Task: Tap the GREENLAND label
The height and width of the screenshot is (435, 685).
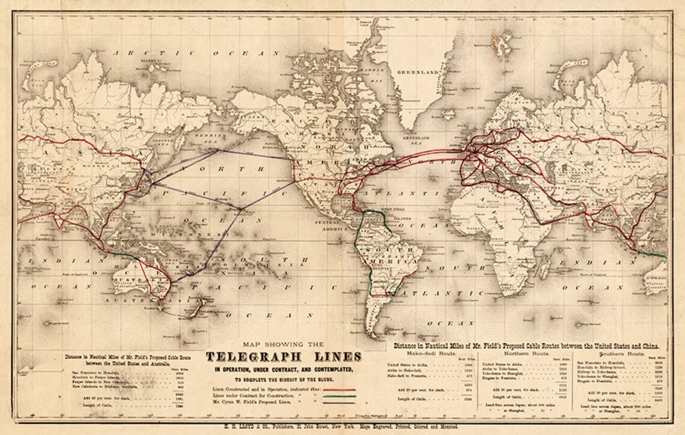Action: click(x=421, y=73)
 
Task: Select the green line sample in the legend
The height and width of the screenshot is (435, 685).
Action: click(x=340, y=397)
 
